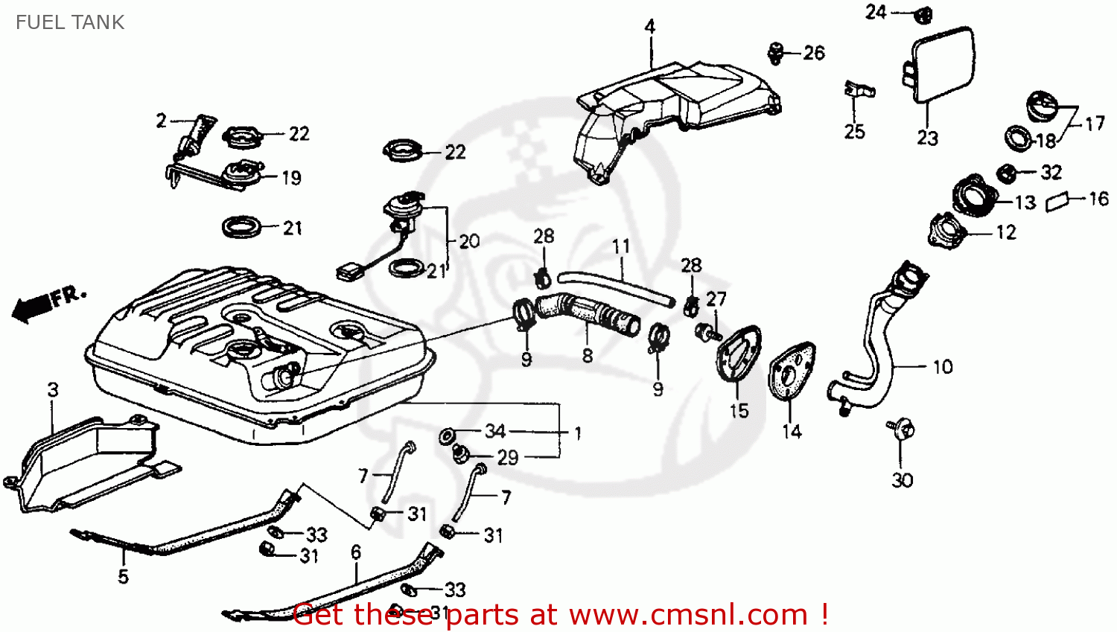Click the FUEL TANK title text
(70, 22)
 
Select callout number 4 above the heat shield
(650, 28)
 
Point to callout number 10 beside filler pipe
(942, 367)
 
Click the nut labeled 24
(923, 13)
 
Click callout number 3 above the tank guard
(53, 389)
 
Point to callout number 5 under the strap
(123, 575)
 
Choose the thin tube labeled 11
(614, 287)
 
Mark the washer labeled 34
(449, 435)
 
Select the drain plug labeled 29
(461, 452)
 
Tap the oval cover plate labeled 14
(791, 372)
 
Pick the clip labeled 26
(776, 52)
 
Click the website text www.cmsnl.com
(688, 615)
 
